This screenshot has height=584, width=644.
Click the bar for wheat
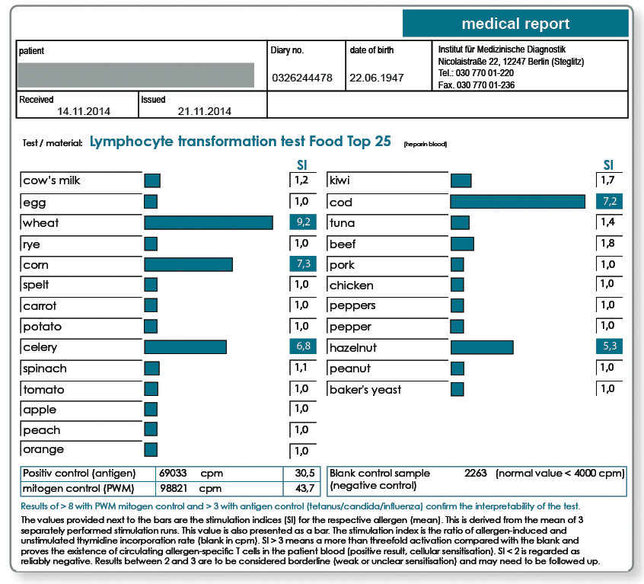click(x=209, y=222)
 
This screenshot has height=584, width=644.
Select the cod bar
click(x=518, y=202)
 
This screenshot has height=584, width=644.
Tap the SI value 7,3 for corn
click(x=303, y=263)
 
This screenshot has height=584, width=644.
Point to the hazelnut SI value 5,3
click(x=610, y=346)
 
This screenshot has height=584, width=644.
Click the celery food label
click(x=40, y=347)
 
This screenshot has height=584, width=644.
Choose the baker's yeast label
click(x=365, y=390)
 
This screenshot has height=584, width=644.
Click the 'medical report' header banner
click(x=515, y=24)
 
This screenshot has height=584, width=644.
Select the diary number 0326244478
click(x=302, y=78)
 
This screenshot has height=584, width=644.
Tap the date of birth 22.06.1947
click(x=377, y=78)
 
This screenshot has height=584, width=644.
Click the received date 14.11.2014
click(x=84, y=111)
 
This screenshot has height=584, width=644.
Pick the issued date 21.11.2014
click(x=205, y=111)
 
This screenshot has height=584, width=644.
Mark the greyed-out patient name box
click(x=135, y=75)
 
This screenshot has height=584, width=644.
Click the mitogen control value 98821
click(x=173, y=488)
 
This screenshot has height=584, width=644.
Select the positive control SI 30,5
click(x=304, y=473)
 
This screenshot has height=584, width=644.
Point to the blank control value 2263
click(x=476, y=473)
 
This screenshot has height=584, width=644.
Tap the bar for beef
click(x=463, y=244)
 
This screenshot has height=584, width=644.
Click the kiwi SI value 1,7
click(x=607, y=180)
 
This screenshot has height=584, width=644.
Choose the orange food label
click(x=43, y=449)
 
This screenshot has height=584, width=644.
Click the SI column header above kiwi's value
click(x=608, y=165)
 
